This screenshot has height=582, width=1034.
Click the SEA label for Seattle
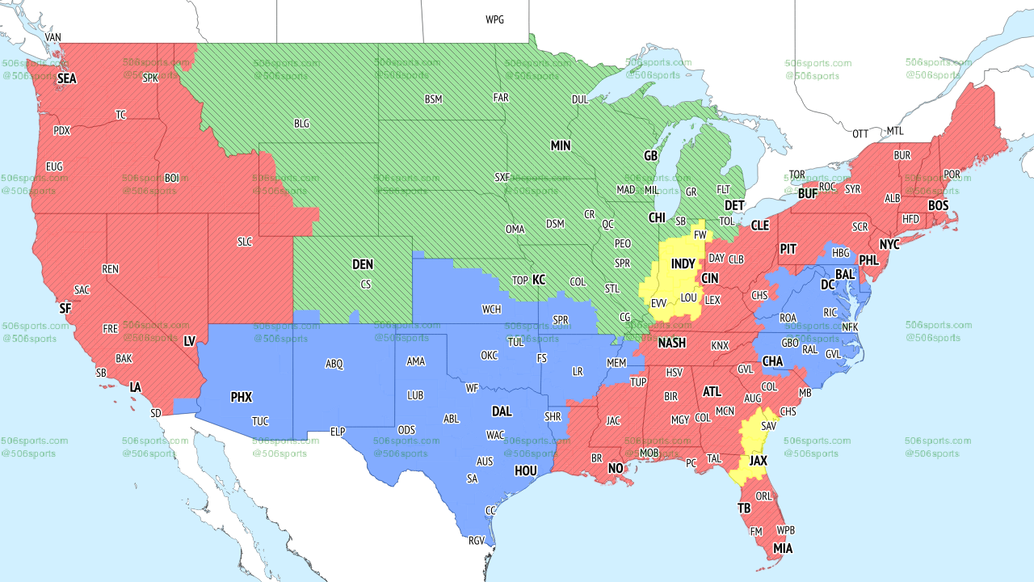pyautogui.click(x=66, y=79)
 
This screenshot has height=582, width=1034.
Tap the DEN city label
pyautogui.click(x=363, y=264)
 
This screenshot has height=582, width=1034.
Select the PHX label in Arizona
pyautogui.click(x=241, y=397)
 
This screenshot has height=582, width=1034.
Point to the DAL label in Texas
pyautogui.click(x=502, y=411)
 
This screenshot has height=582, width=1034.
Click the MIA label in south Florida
pyautogui.click(x=782, y=549)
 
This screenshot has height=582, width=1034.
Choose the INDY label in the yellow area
pyautogui.click(x=683, y=264)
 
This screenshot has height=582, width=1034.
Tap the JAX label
pyautogui.click(x=758, y=460)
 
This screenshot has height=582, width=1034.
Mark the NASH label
pyautogui.click(x=671, y=343)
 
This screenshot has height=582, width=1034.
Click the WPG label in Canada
pyautogui.click(x=494, y=19)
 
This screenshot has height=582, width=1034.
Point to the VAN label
pyautogui.click(x=53, y=37)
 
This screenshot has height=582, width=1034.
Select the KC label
pyautogui.click(x=539, y=280)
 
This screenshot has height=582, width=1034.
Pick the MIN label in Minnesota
pyautogui.click(x=561, y=145)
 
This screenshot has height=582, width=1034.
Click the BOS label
pyautogui.click(x=938, y=206)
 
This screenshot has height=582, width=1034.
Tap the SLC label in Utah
pyautogui.click(x=245, y=241)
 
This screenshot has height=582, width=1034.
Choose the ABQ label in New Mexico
pyautogui.click(x=334, y=364)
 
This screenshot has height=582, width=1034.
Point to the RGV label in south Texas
pyautogui.click(x=477, y=542)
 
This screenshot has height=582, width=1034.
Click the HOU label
pyautogui.click(x=525, y=470)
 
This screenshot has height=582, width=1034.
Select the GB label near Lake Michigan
pyautogui.click(x=650, y=155)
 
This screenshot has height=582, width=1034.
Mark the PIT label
pyautogui.click(x=788, y=249)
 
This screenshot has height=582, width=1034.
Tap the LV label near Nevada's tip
pyautogui.click(x=190, y=342)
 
